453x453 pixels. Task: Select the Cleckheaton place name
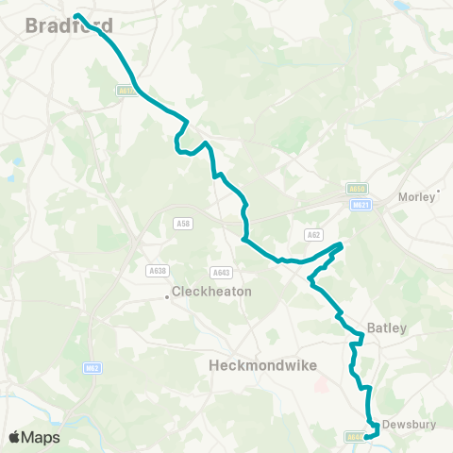pos(212,293)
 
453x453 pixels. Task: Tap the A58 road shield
pos(182,224)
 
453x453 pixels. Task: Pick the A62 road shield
pos(313,234)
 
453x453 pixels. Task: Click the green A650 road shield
pos(356,190)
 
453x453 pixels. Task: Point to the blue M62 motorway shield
pos(92,368)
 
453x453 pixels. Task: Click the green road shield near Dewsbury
pos(353,437)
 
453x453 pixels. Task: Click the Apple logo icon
pos(15,437)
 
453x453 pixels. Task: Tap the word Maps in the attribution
pos(42,437)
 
